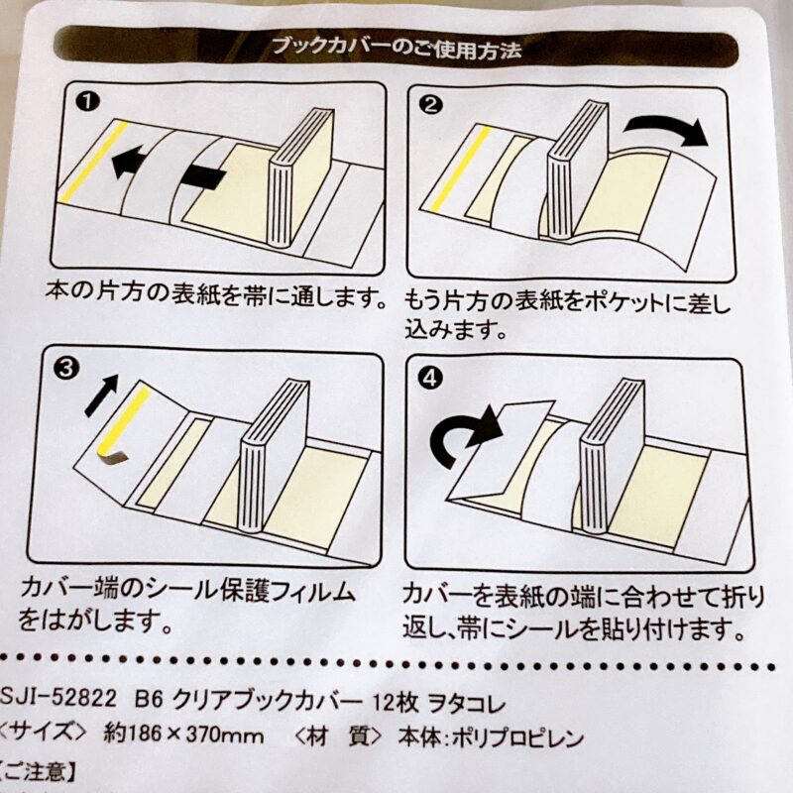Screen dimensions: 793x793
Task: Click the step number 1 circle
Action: coord(87,102)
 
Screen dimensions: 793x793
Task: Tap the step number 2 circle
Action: coord(431,105)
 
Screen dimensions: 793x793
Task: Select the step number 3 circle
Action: coord(65,369)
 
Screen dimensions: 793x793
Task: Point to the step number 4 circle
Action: coord(430,378)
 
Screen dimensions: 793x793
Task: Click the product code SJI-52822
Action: coord(58,700)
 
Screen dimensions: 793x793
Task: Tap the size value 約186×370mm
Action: coord(183,735)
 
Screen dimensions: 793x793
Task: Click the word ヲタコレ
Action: coord(467,704)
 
